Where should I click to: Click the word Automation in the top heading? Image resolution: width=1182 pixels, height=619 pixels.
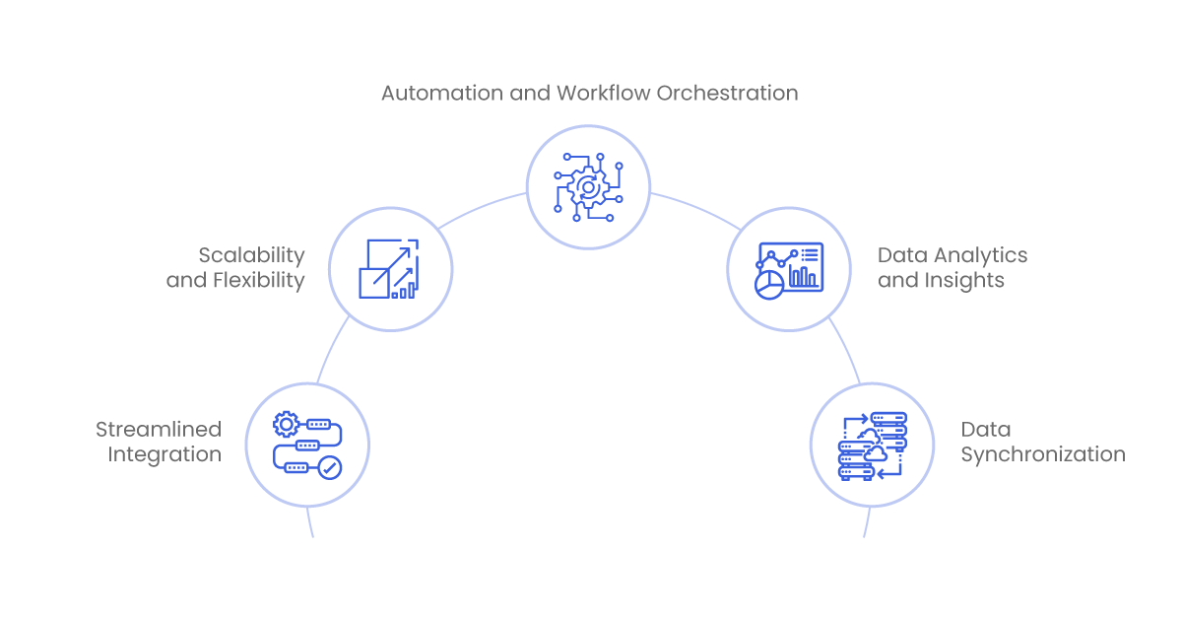(x=442, y=93)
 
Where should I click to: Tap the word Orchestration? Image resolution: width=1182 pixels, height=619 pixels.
(x=727, y=93)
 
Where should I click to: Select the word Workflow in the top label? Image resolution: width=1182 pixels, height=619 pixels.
(x=604, y=93)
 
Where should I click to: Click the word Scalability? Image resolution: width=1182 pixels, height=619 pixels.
(x=252, y=256)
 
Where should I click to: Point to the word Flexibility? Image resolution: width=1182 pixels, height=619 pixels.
(x=258, y=281)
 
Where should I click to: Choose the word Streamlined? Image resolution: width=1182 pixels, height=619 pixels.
(x=159, y=430)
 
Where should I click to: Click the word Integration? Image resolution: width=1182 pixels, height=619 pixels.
(x=164, y=454)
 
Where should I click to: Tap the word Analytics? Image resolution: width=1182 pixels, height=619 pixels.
(x=980, y=256)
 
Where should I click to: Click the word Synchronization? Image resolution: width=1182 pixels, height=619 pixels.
(x=1043, y=454)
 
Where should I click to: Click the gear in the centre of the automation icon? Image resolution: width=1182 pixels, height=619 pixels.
(x=588, y=187)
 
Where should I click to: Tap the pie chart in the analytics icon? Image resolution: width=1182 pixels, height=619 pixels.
(x=769, y=285)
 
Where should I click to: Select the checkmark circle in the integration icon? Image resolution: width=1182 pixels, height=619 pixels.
(x=330, y=467)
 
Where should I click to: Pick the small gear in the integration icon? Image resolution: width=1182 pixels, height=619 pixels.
(x=286, y=424)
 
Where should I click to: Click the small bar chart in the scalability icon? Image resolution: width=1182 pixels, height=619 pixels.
(x=403, y=291)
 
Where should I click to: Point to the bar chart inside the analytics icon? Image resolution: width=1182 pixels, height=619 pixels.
(x=803, y=276)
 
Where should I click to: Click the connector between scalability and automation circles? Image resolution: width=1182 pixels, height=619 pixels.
(x=482, y=208)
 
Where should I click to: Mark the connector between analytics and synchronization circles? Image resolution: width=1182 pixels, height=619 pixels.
(x=846, y=349)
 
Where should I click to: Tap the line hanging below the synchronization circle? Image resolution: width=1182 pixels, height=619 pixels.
(x=867, y=522)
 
